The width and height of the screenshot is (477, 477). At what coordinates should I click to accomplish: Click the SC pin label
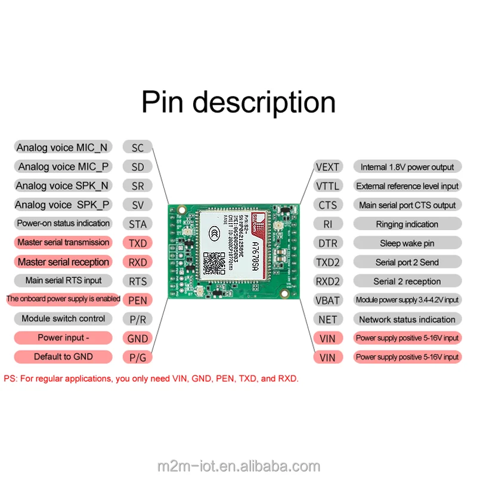(137, 148)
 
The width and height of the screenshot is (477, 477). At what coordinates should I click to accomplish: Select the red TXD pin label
(137, 243)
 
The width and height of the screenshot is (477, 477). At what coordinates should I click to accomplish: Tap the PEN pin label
(137, 300)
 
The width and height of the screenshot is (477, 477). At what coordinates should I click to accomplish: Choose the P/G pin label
(137, 357)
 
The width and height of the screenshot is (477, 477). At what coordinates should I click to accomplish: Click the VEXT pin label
(327, 167)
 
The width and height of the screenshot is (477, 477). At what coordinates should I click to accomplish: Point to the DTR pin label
(327, 243)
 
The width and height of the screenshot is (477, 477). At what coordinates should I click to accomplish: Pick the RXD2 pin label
(327, 281)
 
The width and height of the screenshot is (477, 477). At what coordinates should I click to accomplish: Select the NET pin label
(327, 319)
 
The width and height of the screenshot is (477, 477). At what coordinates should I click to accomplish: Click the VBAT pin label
(327, 300)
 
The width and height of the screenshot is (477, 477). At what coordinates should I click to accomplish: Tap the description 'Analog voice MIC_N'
(63, 148)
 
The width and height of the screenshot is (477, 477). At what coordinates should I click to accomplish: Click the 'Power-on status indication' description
(63, 224)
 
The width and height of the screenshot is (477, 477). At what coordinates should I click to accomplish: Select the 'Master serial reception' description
(63, 262)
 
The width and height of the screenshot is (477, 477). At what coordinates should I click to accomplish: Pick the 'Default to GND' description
(63, 357)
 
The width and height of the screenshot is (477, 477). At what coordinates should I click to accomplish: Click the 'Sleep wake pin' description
(407, 243)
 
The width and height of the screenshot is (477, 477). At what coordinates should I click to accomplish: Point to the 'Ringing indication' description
(407, 224)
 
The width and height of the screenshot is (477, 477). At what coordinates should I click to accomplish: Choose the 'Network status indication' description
(407, 319)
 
